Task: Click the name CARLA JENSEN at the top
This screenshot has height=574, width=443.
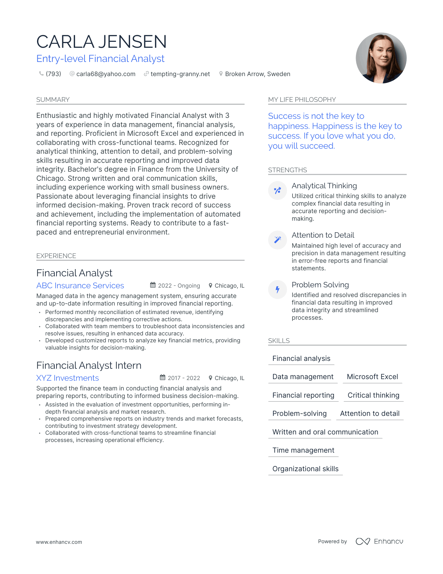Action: [x=101, y=42]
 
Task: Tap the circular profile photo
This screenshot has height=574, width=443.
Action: [x=381, y=58]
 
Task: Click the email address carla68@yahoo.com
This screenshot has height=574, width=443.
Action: [x=106, y=74]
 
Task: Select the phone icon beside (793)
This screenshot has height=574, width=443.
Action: [x=41, y=74]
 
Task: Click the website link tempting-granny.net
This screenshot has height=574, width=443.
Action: [x=180, y=74]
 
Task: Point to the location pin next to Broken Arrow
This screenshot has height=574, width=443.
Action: [x=221, y=74]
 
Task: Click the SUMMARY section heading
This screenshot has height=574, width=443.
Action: [x=53, y=100]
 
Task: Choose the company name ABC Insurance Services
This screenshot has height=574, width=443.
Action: [x=80, y=285]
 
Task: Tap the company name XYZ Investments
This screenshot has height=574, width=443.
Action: [x=68, y=378]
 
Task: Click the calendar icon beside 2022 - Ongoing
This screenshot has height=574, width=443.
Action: [x=153, y=285]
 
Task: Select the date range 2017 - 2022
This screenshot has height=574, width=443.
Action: [x=184, y=378]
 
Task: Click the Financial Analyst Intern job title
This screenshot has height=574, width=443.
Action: [x=89, y=365]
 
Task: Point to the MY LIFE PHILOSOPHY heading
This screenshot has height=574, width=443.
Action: [x=302, y=100]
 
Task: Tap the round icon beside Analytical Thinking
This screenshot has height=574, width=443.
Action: [x=277, y=190]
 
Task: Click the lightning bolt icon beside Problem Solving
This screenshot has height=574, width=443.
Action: [x=277, y=290]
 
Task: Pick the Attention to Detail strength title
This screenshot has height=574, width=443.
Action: [x=323, y=235]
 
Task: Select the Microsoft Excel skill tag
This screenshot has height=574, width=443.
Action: [x=372, y=377]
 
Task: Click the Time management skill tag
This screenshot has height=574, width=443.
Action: [x=303, y=450]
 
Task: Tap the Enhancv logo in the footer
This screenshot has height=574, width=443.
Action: [x=379, y=541]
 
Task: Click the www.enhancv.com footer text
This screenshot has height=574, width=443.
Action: [x=59, y=542]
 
